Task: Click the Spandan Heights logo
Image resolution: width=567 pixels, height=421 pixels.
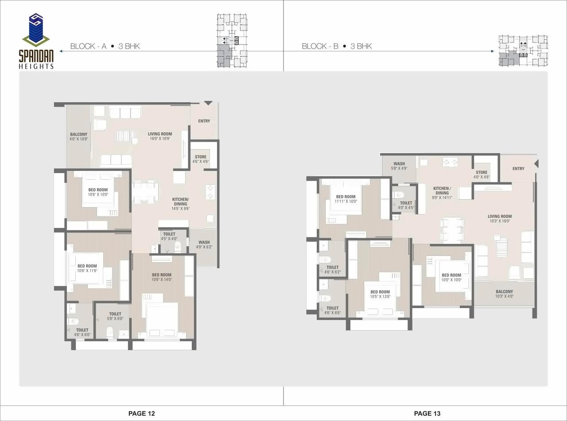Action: click(36, 41)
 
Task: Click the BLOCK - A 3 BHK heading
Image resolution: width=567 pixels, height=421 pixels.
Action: click(105, 46)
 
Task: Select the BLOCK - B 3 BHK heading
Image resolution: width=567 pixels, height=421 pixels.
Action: click(337, 46)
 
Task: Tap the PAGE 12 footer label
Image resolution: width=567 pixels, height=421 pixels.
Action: click(141, 413)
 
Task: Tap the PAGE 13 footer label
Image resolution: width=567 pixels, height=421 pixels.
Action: click(427, 413)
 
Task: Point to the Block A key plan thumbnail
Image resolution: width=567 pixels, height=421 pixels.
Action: click(232, 41)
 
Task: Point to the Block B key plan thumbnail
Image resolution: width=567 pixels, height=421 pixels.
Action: click(523, 51)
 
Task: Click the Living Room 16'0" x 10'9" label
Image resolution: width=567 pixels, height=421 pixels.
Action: click(160, 136)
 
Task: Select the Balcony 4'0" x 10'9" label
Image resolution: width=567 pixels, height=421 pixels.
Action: click(78, 136)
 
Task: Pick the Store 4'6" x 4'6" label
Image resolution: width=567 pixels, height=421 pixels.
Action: click(201, 159)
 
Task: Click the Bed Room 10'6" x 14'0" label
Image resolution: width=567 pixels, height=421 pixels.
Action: click(162, 277)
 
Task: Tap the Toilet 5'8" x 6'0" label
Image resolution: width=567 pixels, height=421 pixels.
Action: click(115, 316)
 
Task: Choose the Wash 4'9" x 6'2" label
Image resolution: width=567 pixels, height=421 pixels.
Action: click(204, 245)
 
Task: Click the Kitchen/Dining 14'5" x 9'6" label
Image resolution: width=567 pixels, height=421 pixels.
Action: click(180, 204)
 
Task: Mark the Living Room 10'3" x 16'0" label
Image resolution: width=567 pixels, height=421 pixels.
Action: click(500, 219)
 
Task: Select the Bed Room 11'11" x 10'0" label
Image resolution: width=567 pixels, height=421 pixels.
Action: click(346, 199)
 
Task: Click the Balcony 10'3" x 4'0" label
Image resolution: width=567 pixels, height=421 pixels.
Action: click(504, 294)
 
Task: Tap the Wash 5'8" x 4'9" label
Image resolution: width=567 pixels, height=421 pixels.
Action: click(399, 166)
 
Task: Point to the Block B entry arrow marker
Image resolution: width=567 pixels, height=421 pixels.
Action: click(536, 164)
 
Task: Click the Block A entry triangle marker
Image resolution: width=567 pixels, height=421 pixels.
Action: click(208, 103)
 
